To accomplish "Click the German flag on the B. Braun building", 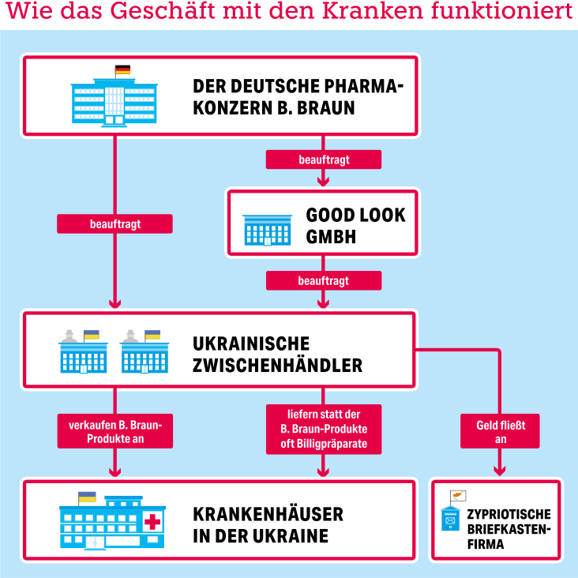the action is [x=122, y=69].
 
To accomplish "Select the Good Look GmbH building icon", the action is [x=267, y=230].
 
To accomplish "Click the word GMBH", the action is [x=331, y=237].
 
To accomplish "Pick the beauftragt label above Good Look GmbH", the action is [x=324, y=160].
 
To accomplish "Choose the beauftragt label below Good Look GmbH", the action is [x=324, y=280].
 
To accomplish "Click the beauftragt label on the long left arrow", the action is [x=114, y=223].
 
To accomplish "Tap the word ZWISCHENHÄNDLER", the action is [x=277, y=366].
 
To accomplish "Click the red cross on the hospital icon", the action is [x=152, y=522].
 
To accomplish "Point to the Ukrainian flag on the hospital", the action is [x=88, y=497].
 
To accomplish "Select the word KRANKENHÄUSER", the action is [x=268, y=514].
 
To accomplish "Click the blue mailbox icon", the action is [x=450, y=518].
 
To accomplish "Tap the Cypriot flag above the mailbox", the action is [x=458, y=495].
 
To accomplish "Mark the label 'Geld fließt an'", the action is [x=500, y=431].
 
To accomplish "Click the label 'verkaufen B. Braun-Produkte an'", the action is [x=115, y=431].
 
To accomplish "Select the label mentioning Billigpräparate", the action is [x=324, y=429].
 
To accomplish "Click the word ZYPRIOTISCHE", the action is [x=509, y=514].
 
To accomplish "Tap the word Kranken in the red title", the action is [x=373, y=10].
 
